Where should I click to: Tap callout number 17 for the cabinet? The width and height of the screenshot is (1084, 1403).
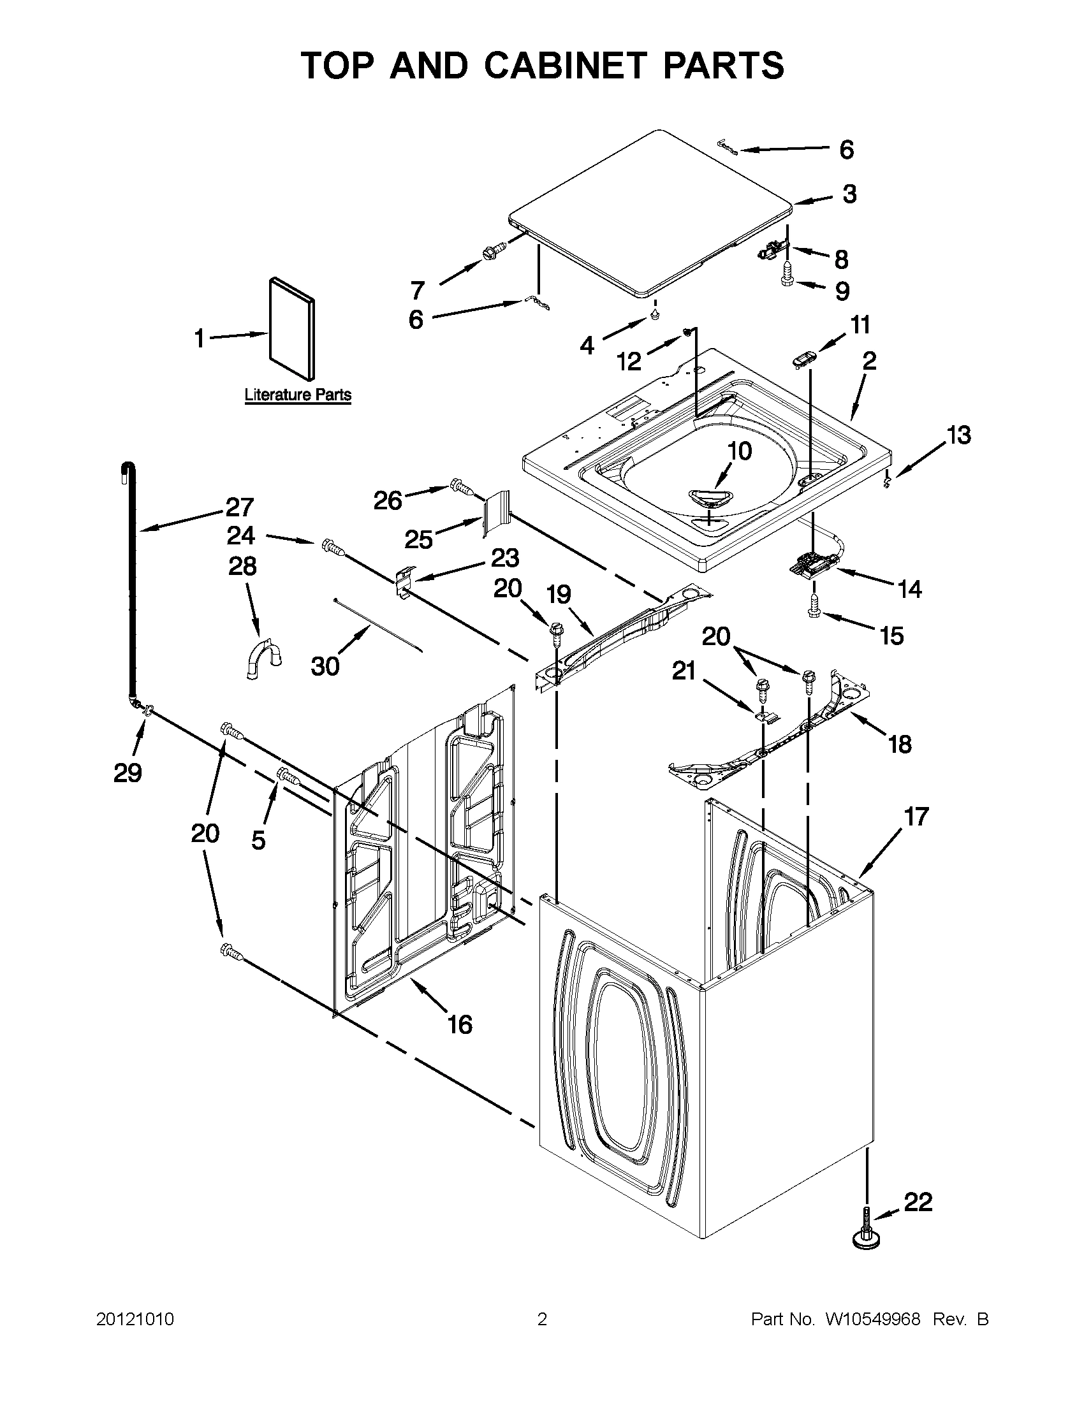[x=916, y=817]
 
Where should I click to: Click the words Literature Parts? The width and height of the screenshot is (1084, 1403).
[x=298, y=395]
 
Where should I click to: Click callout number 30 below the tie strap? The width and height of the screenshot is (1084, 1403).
[x=325, y=667]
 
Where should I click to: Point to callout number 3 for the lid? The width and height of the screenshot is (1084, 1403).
[x=849, y=194]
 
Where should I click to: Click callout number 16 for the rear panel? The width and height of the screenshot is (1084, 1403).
[x=460, y=1024]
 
